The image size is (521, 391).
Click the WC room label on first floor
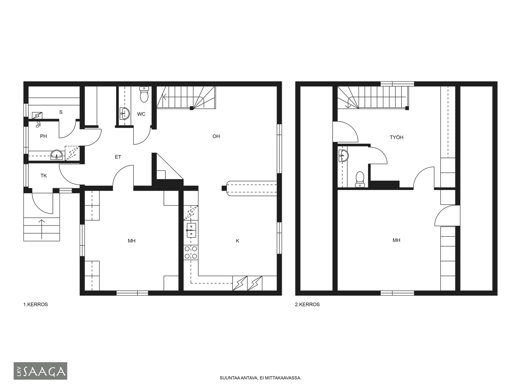(x=141, y=114)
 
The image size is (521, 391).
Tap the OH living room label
(x=216, y=136)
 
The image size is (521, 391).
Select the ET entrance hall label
(x=118, y=157)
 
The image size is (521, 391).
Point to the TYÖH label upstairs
(x=396, y=137)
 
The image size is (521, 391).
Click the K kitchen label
(x=237, y=241)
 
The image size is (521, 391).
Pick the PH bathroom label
(x=43, y=136)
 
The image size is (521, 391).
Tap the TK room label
(x=44, y=176)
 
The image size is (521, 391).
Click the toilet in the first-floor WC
(x=144, y=94)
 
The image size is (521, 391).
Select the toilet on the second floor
(x=360, y=179)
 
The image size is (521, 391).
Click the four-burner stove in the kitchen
(x=191, y=252)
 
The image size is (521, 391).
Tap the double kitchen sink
(x=191, y=230)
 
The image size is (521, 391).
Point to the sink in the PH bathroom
(x=57, y=155)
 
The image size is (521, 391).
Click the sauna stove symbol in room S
(x=37, y=116)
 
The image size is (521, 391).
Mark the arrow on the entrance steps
(x=42, y=229)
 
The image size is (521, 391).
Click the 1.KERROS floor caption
(x=36, y=304)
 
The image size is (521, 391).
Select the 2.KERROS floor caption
(x=307, y=304)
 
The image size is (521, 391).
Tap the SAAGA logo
(x=40, y=371)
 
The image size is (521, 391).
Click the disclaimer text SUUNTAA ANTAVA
(x=238, y=378)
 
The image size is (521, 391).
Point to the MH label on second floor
(x=396, y=240)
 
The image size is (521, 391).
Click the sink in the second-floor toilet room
(x=344, y=156)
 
